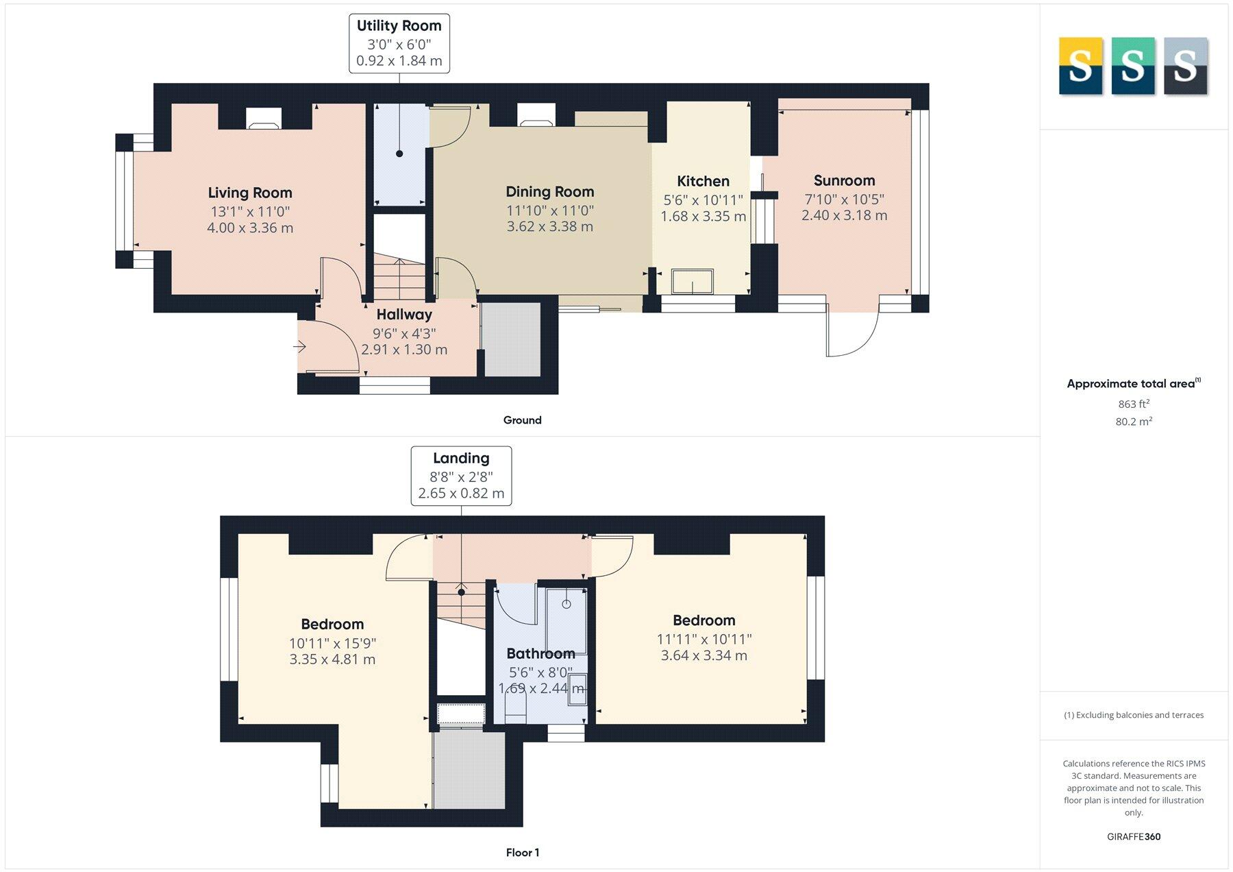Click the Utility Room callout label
click(x=399, y=26)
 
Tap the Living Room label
click(x=250, y=193)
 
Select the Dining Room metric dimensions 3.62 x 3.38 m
click(x=549, y=227)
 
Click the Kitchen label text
click(x=703, y=181)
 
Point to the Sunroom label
click(x=844, y=180)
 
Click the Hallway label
click(x=404, y=315)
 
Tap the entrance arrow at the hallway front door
click(x=300, y=347)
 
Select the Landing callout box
click(x=461, y=475)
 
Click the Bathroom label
click(x=540, y=653)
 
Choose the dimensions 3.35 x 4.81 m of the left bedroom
click(x=332, y=659)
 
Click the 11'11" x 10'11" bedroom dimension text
click(x=704, y=639)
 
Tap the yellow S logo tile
click(x=1080, y=66)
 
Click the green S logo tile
click(x=1132, y=66)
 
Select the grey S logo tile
click(x=1185, y=66)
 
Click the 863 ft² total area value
click(x=1134, y=404)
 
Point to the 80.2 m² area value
click(x=1134, y=422)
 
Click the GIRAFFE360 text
click(x=1134, y=836)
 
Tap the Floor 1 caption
click(x=522, y=853)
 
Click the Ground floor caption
click(x=522, y=420)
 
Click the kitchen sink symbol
click(x=693, y=282)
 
